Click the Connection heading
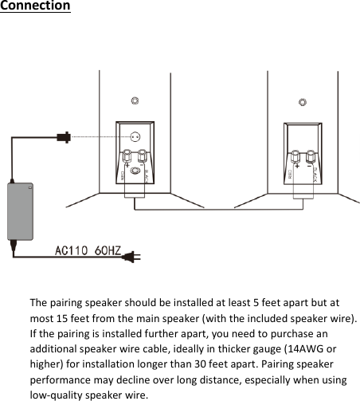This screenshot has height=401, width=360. [x=35, y=6]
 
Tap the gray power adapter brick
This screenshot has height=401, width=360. [x=21, y=210]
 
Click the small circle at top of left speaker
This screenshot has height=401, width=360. [x=135, y=101]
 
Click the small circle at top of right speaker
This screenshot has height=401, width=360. [x=301, y=101]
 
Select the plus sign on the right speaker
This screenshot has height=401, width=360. [x=296, y=165]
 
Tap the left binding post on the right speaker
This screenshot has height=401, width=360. [x=296, y=153]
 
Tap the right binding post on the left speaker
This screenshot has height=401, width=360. [x=143, y=154]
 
